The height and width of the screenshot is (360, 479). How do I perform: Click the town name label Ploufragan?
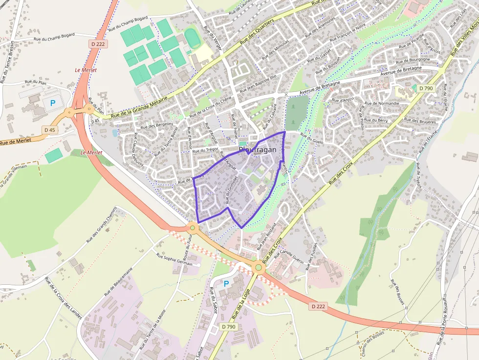[x=258, y=150]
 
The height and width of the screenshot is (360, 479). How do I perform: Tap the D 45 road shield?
[x=49, y=130]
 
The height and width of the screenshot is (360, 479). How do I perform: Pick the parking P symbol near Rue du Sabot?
[x=226, y=283]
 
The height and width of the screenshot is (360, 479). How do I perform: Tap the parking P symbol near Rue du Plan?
[x=53, y=103]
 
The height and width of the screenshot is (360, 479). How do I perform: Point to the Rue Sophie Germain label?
[x=174, y=259]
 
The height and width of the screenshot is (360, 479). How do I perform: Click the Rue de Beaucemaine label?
[x=119, y=282]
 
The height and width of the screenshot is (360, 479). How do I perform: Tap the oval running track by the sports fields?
[x=193, y=38]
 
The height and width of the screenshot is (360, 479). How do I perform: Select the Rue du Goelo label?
[x=312, y=138]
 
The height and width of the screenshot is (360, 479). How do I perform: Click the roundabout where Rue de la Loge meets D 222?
[x=258, y=267]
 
